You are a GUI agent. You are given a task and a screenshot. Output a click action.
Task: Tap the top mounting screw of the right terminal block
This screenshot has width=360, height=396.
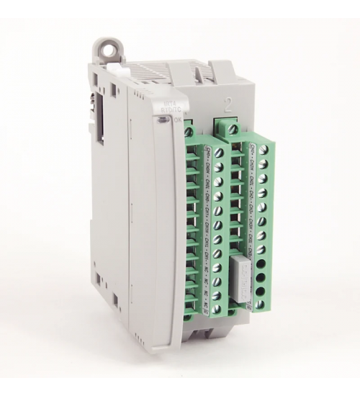point(233,128)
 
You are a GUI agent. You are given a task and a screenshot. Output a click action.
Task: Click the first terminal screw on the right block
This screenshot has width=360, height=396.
point(264,151)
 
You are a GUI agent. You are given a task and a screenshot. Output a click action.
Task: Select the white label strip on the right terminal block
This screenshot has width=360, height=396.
point(251,202)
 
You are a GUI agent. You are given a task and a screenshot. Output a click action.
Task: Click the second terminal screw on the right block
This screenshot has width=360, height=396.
point(264,165)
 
